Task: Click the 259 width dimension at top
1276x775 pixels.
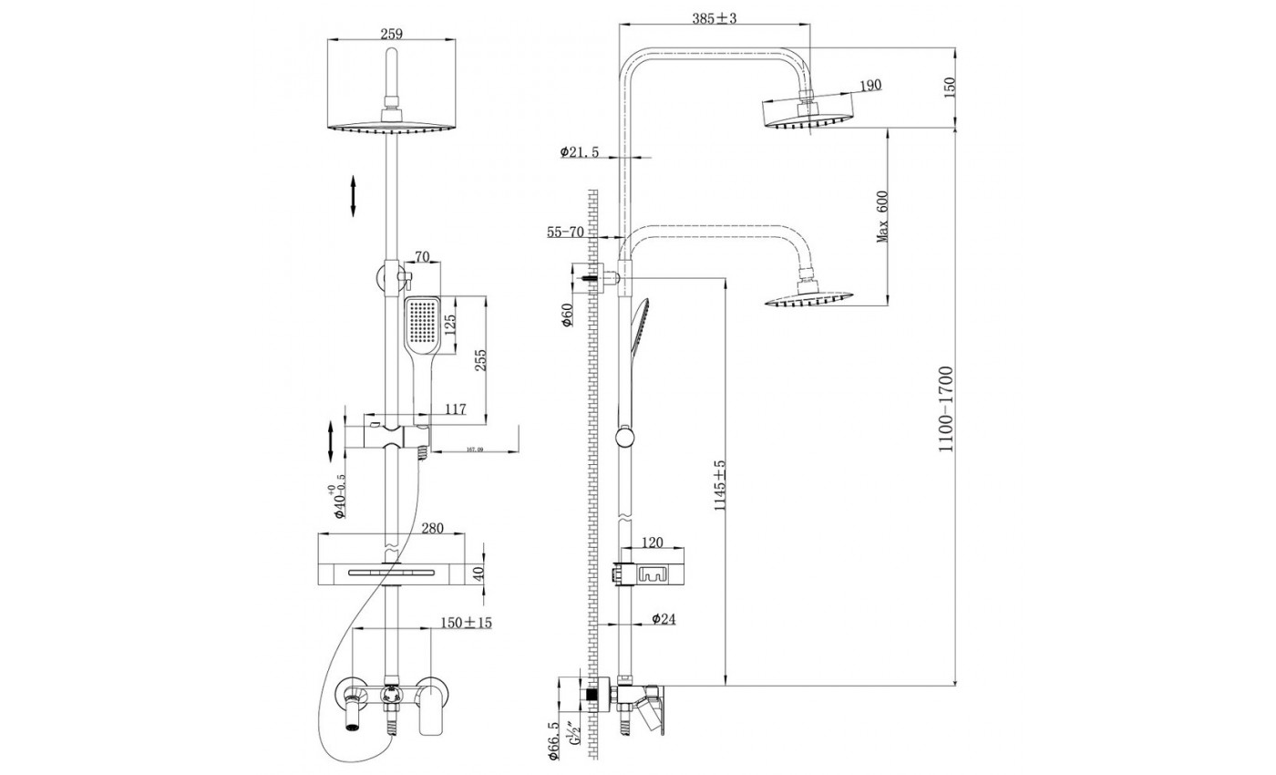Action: pyautogui.click(x=390, y=34)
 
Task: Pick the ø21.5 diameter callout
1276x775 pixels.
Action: pyautogui.click(x=580, y=152)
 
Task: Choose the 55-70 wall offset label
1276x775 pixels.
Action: pyautogui.click(x=565, y=232)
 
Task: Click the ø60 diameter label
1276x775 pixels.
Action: pyautogui.click(x=566, y=315)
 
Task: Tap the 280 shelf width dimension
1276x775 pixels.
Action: pyautogui.click(x=433, y=528)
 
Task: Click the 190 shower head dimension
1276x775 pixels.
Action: pyautogui.click(x=870, y=85)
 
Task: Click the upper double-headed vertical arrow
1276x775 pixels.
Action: pyautogui.click(x=354, y=197)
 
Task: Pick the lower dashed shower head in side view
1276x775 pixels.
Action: pyautogui.click(x=809, y=298)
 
